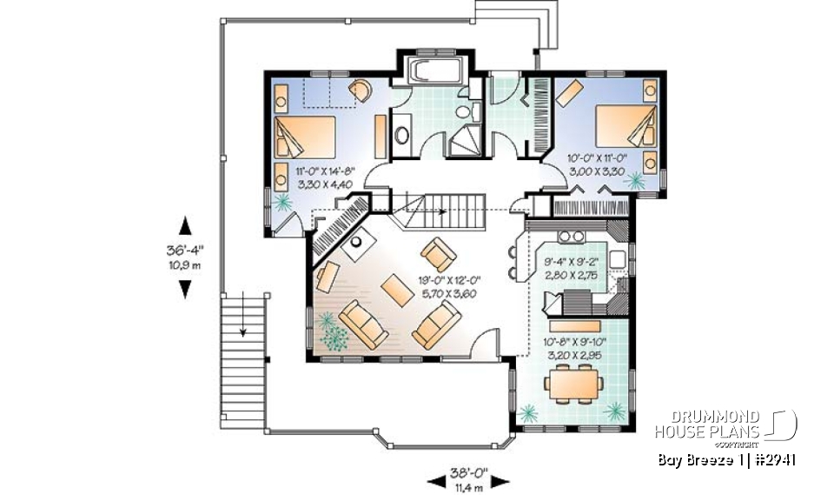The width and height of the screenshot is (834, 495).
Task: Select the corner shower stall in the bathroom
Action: click(x=467, y=138)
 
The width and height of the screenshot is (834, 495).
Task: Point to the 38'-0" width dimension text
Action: click(x=469, y=474)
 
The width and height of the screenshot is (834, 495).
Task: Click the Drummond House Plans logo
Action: click(x=726, y=425)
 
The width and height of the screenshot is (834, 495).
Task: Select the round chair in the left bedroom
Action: click(x=359, y=90)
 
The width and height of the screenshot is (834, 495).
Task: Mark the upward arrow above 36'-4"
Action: click(x=184, y=226)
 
